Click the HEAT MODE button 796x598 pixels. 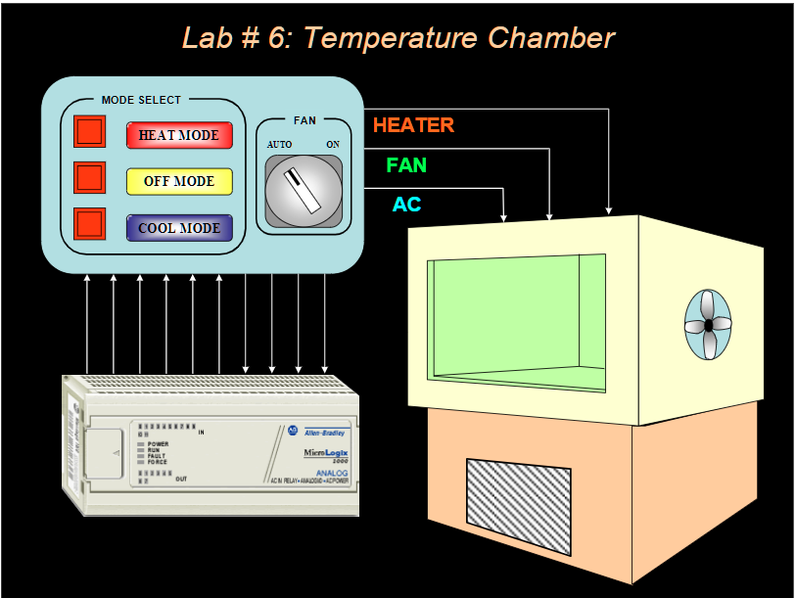179,135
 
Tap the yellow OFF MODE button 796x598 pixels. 179,181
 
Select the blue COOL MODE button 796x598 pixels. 179,228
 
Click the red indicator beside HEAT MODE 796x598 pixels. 89,132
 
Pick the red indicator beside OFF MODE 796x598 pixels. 89,177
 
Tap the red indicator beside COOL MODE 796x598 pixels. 89,224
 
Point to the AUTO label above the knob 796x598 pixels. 280,145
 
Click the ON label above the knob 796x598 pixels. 333,145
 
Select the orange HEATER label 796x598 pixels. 413,125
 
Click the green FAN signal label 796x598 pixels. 406,165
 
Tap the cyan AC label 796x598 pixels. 406,205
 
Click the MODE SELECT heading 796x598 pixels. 141,100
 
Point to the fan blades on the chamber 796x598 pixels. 707,324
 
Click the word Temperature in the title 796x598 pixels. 396,38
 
